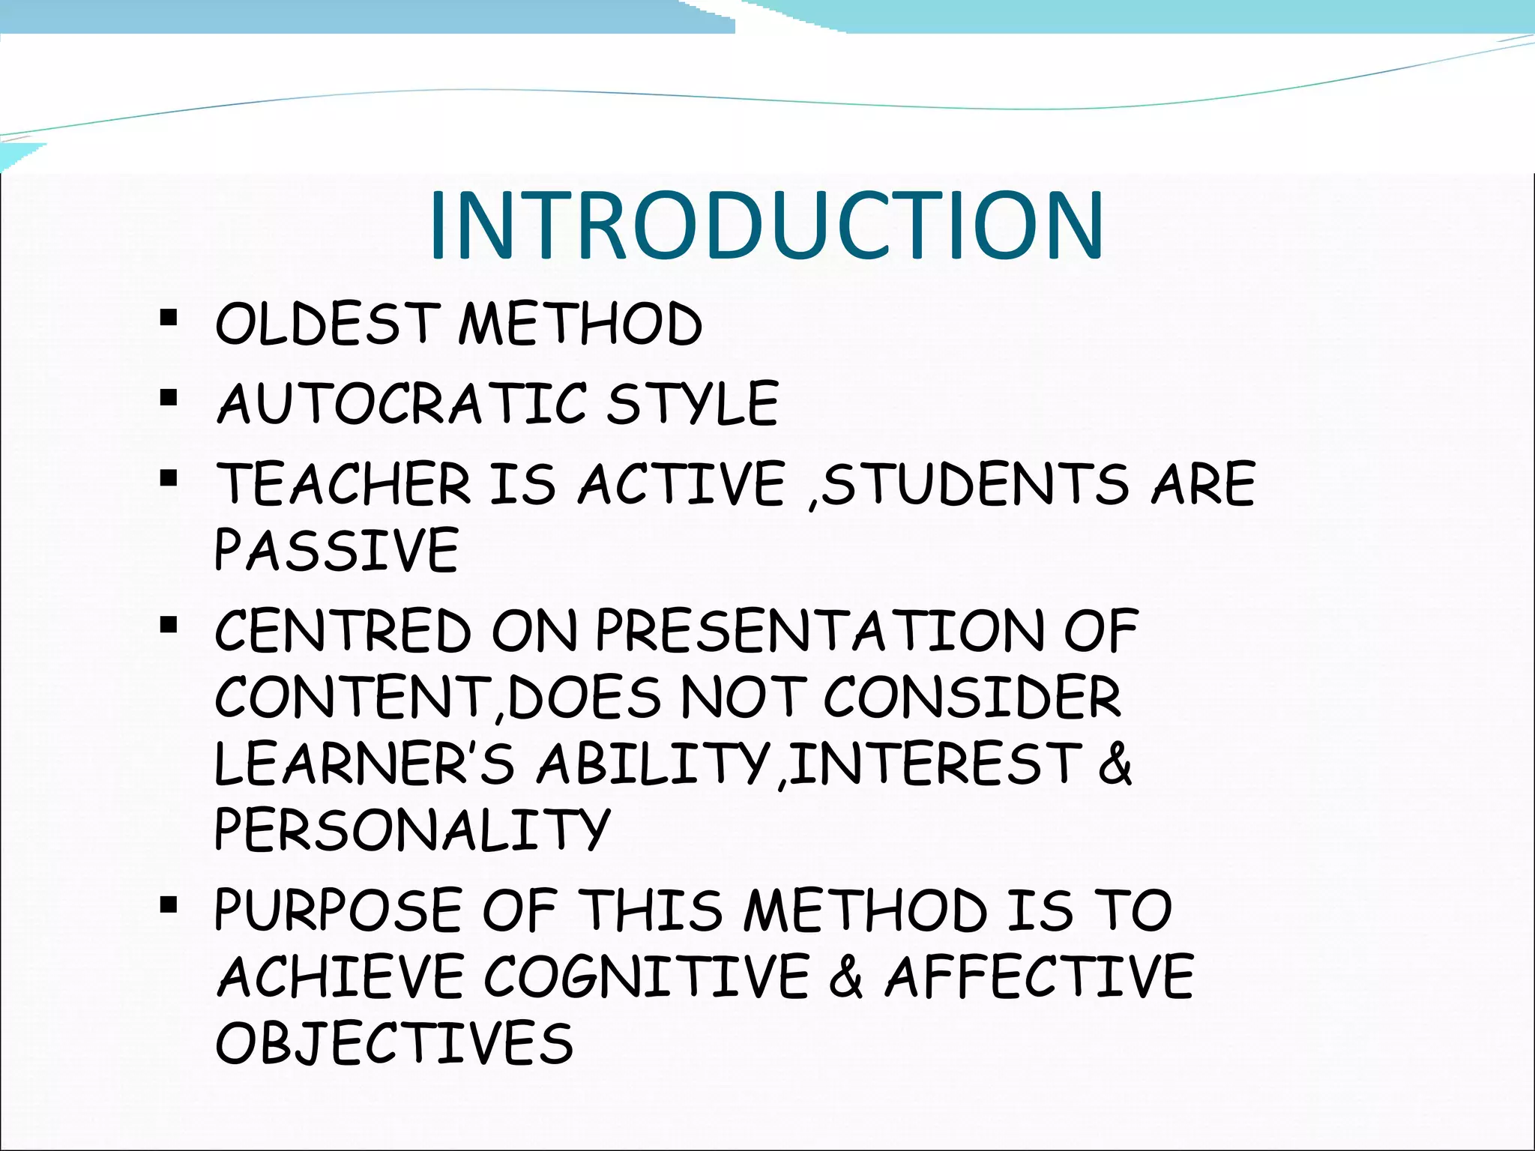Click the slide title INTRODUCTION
(x=766, y=226)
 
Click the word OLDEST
(x=327, y=324)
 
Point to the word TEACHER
(x=343, y=483)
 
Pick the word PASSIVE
(x=337, y=550)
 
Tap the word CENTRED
(x=343, y=630)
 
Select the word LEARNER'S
(x=364, y=764)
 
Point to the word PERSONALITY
(x=412, y=830)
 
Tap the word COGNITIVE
(x=647, y=976)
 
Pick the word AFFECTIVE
(x=1040, y=976)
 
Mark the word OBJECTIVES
(x=394, y=1042)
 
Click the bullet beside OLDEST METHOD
(x=169, y=318)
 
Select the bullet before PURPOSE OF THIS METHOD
(x=169, y=904)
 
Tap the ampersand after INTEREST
(x=1116, y=764)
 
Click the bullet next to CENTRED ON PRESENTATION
(x=169, y=624)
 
